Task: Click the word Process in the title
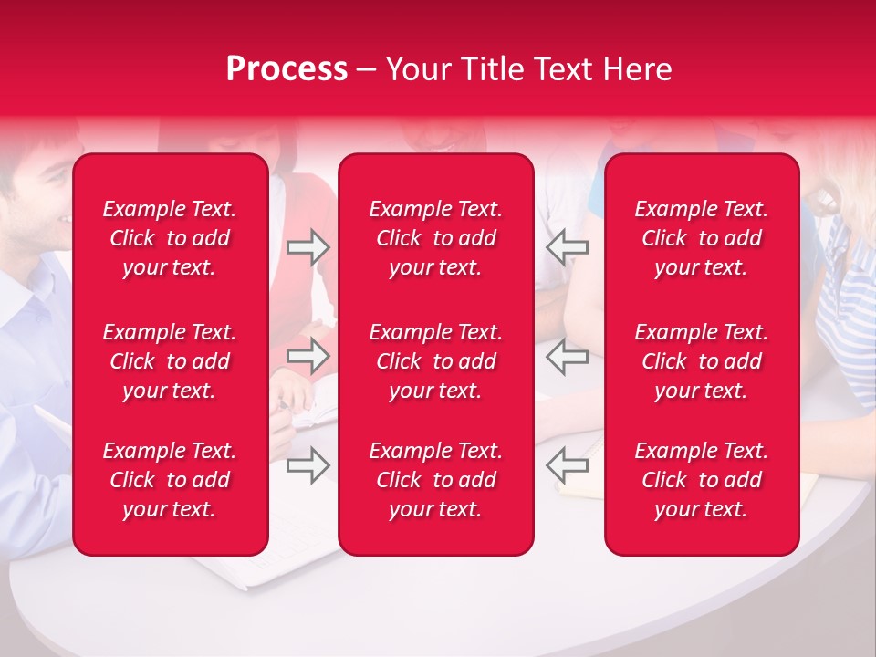pos(287,69)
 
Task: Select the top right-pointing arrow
pos(308,247)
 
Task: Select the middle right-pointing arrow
pos(308,357)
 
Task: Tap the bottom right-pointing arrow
pos(308,465)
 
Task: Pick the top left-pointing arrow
pos(567,247)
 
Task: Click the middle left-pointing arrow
pos(567,357)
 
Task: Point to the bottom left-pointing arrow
pos(567,465)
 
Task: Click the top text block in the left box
pos(170,238)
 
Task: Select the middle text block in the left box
pos(170,361)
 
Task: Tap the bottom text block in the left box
pos(170,480)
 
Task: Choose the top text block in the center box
pos(436,238)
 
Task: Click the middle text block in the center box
pos(436,361)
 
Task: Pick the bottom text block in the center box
pos(436,480)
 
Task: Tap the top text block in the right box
pos(702,238)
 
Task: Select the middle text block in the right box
pos(702,361)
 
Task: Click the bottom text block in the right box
pos(702,480)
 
